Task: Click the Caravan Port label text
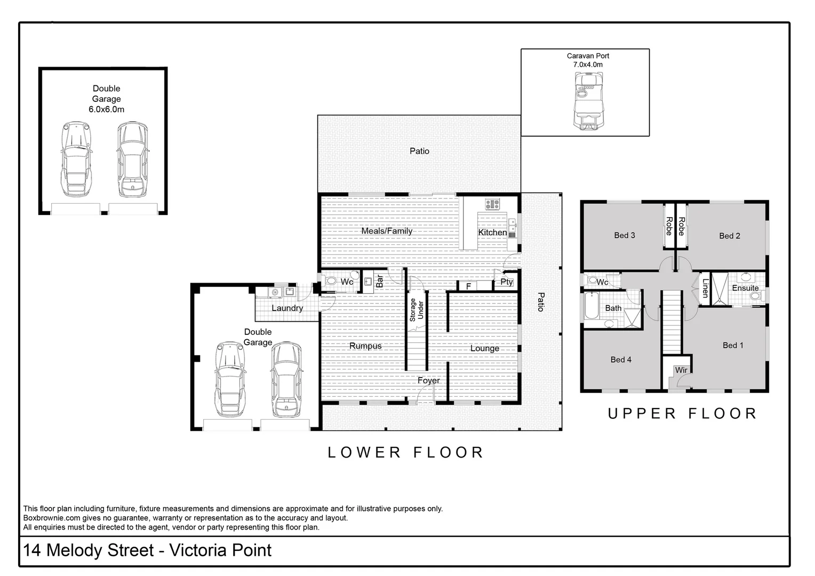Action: coord(587,56)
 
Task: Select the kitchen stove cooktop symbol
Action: coord(492,204)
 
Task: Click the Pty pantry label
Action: coord(506,282)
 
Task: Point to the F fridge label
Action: coord(468,286)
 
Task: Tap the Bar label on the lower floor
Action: coord(380,281)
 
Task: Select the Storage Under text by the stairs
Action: coord(416,310)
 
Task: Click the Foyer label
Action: coord(428,381)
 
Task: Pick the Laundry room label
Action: coord(287,308)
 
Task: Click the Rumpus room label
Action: coord(365,346)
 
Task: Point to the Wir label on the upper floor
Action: coord(681,370)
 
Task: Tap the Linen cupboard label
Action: coord(705,288)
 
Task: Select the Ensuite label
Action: coord(745,288)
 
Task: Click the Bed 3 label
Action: coord(625,235)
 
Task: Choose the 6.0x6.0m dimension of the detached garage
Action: coord(106,109)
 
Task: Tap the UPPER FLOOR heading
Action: coord(682,414)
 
